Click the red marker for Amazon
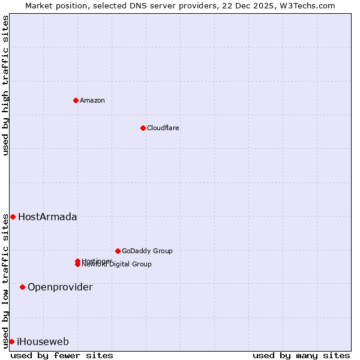click(76, 100)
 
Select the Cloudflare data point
click(143, 128)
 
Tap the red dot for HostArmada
click(13, 217)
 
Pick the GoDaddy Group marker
click(118, 251)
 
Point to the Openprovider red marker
click(22, 287)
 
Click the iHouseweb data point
click(11, 341)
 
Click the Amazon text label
click(92, 100)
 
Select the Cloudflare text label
click(163, 128)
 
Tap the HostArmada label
click(47, 217)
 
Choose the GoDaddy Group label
click(147, 251)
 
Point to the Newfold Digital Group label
click(117, 265)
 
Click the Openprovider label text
click(60, 287)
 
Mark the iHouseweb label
click(43, 342)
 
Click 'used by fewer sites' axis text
click(62, 355)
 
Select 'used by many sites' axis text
click(301, 355)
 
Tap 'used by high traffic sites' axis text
click(5, 85)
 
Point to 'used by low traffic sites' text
click(5, 281)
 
